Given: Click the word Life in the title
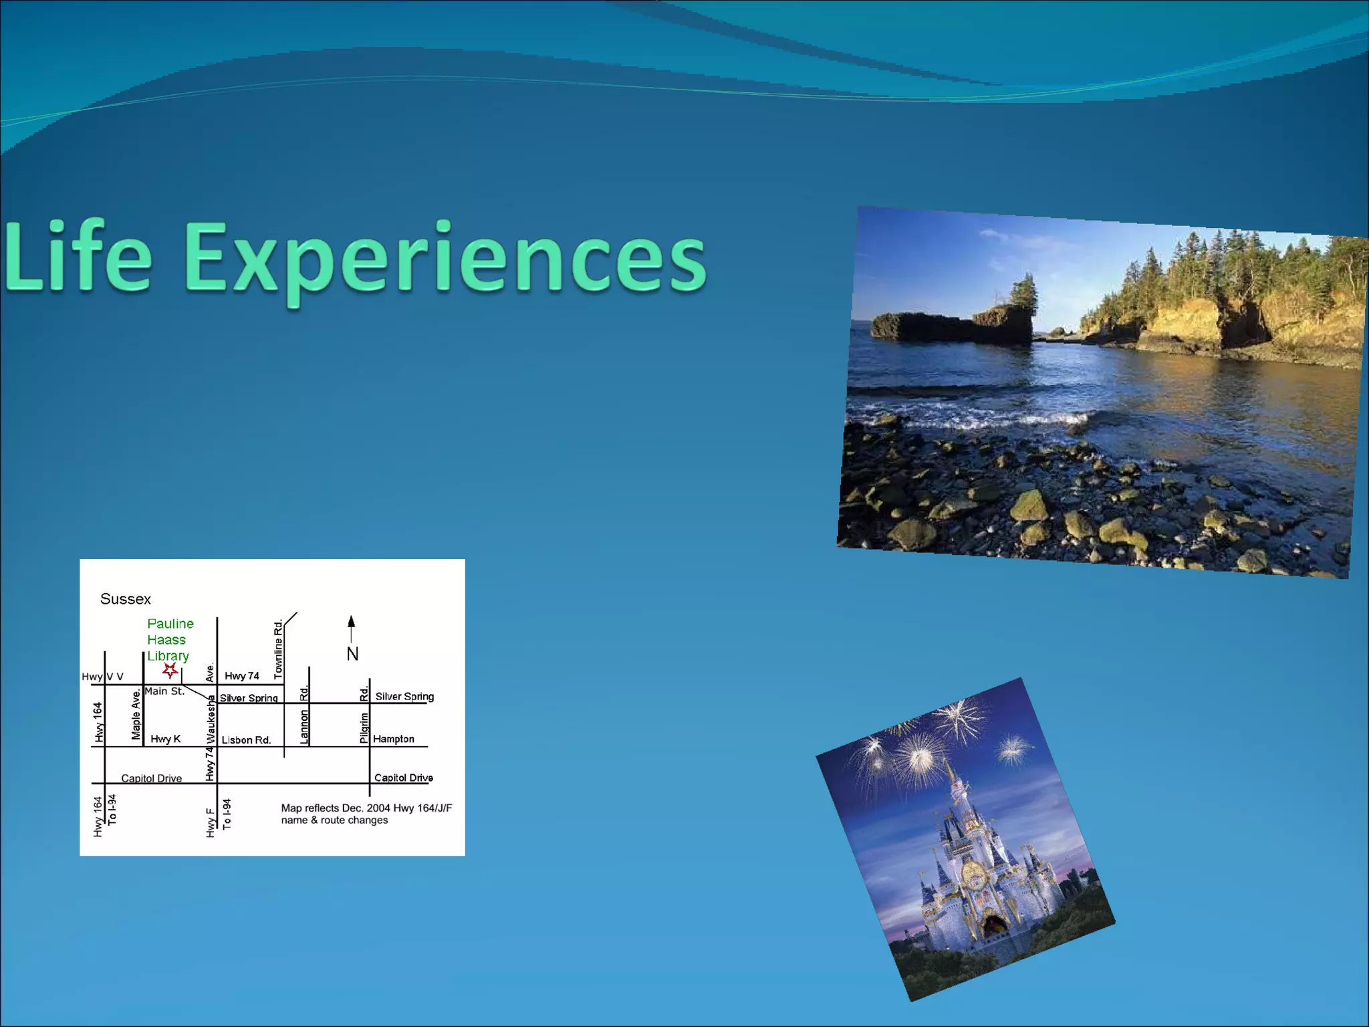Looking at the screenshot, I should click(x=79, y=257).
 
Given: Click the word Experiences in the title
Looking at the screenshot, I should click(x=445, y=261).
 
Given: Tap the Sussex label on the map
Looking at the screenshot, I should click(x=126, y=599).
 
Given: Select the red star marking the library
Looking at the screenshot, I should click(x=170, y=670).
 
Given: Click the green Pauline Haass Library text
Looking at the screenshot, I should click(x=169, y=640).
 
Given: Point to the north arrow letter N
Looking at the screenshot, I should click(x=352, y=654).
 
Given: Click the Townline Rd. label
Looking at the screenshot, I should click(x=278, y=649).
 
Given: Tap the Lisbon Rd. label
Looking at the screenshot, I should click(x=246, y=740).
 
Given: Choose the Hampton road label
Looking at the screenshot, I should click(x=393, y=739).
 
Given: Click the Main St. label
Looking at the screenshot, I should click(x=164, y=691).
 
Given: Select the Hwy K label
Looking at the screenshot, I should click(x=165, y=739).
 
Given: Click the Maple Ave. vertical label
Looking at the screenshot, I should click(x=136, y=715).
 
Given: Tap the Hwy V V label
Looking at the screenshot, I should click(x=102, y=677).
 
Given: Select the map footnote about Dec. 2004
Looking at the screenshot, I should click(x=366, y=814).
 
